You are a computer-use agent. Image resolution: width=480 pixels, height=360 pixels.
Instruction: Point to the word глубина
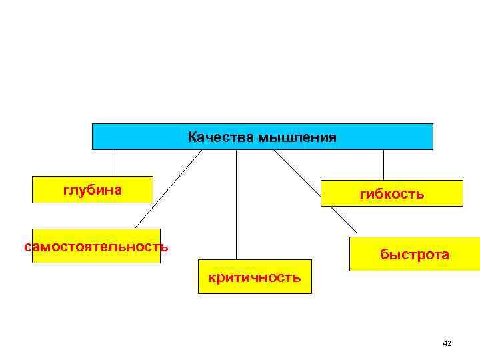(93, 190)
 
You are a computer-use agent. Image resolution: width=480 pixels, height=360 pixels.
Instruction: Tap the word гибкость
(391, 194)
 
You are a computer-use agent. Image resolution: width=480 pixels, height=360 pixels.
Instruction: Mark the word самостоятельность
(96, 247)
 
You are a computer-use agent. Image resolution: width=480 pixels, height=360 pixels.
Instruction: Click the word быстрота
(414, 255)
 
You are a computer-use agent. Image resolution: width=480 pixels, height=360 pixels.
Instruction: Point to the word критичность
(255, 277)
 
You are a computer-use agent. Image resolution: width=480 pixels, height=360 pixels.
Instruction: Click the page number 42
(447, 343)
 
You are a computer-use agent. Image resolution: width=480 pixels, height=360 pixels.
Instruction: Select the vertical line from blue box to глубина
(115, 163)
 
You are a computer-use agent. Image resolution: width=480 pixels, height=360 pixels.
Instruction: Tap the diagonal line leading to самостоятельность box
(168, 189)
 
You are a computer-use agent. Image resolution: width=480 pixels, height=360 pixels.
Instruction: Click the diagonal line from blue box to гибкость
(297, 169)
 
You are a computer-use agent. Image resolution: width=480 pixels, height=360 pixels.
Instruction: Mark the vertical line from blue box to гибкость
(383, 165)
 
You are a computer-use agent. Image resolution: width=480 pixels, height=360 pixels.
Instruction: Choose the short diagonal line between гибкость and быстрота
(343, 219)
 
